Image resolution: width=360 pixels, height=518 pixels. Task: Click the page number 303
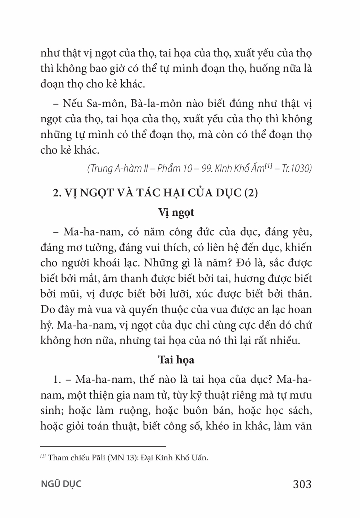point(302,484)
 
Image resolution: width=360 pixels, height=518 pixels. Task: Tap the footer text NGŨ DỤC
point(61,484)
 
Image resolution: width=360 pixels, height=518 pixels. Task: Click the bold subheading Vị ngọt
point(176,212)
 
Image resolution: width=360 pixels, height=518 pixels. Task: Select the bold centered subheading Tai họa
point(176,360)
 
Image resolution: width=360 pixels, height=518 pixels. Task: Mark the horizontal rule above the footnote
point(103,445)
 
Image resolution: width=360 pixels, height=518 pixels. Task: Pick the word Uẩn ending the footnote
point(199,458)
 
